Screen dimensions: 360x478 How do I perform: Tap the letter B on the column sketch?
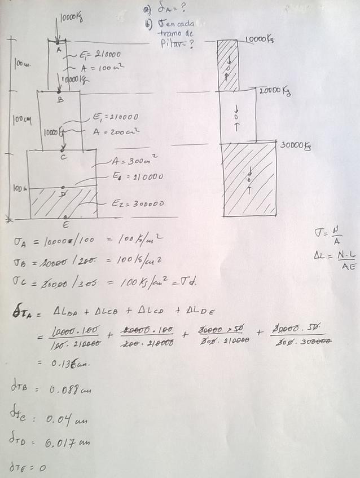click(x=60, y=99)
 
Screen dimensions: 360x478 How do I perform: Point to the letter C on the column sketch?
click(x=64, y=157)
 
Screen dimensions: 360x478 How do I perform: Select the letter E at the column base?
click(x=66, y=223)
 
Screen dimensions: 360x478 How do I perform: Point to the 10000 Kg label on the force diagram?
click(x=260, y=39)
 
